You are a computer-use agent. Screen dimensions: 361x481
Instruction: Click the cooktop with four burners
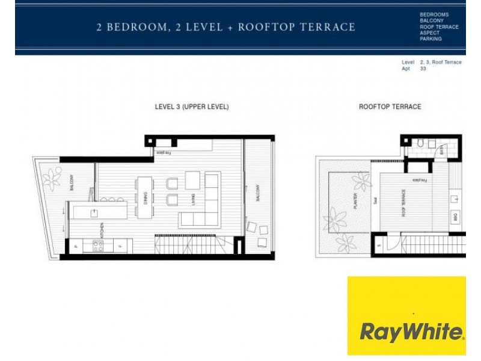tap(97, 245)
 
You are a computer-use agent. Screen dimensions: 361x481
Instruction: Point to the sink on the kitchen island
tap(94, 212)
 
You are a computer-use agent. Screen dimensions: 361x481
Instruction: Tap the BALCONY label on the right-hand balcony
tap(259, 193)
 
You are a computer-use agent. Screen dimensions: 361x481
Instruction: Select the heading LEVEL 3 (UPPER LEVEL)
tap(192, 106)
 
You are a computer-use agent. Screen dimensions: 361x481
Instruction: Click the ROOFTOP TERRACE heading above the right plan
tap(390, 106)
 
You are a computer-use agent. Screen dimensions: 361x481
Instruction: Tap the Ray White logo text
tap(412, 332)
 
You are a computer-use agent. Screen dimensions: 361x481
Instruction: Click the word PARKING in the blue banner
tap(431, 39)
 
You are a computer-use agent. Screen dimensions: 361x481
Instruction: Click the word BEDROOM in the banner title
tap(132, 27)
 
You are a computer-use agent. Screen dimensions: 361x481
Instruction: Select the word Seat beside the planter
tap(375, 204)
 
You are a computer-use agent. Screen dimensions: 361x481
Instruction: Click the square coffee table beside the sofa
tap(192, 180)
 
